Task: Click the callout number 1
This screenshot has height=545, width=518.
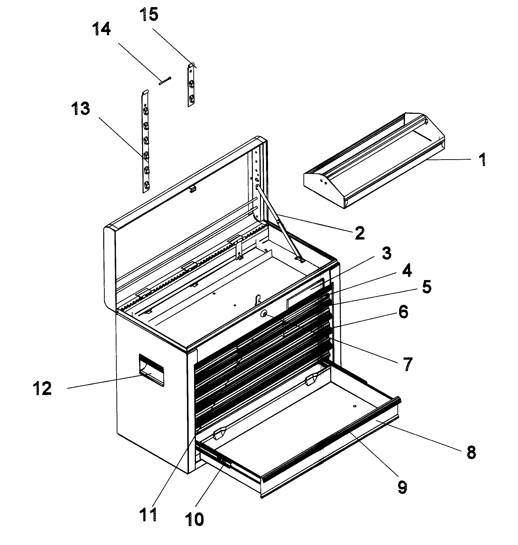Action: pyautogui.click(x=482, y=160)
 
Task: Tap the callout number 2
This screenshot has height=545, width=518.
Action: pyautogui.click(x=360, y=233)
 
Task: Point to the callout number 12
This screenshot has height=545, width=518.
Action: pyautogui.click(x=42, y=389)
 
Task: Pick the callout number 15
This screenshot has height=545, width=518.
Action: pyautogui.click(x=149, y=14)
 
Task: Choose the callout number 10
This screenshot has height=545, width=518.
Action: pyautogui.click(x=195, y=519)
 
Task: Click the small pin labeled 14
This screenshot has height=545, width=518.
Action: pyautogui.click(x=165, y=81)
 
